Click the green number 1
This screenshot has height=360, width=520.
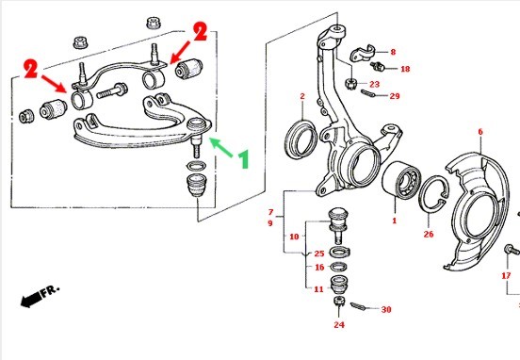point(244,159)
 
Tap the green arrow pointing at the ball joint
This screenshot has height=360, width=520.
point(220,147)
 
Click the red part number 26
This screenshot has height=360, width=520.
point(429,235)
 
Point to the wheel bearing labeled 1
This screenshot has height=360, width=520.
point(401,180)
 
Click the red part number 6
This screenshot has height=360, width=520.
point(480,132)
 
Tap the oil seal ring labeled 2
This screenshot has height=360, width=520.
point(301,139)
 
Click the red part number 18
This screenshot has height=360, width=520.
point(405,69)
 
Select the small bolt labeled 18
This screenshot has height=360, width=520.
point(378,66)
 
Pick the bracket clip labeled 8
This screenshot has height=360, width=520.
point(362,54)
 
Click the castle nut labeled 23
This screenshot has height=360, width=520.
point(350,83)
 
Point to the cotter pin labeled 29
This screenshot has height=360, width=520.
point(367,94)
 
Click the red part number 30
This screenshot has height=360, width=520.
point(386,309)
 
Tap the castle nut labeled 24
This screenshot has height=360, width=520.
point(339,302)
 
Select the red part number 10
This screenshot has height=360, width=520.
point(294,237)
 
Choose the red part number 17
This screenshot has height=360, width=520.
point(506,275)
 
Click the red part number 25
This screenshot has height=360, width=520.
point(319,254)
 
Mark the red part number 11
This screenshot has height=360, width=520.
point(318,289)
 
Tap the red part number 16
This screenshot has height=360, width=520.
point(319,267)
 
